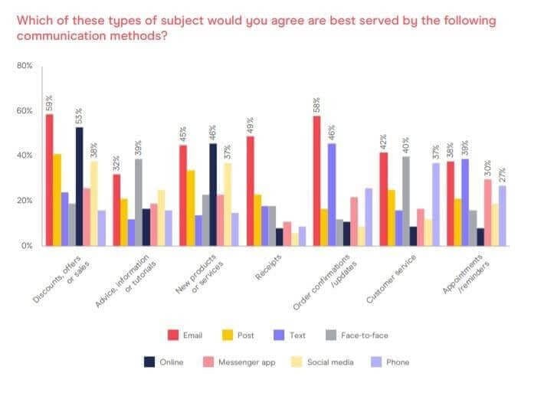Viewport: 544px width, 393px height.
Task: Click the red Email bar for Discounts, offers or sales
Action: tap(50, 180)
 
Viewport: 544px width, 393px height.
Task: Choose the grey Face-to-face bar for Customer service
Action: tap(406, 201)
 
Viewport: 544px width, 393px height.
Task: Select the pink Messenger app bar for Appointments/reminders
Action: tap(487, 212)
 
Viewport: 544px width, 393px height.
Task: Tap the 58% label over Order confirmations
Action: tap(316, 104)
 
